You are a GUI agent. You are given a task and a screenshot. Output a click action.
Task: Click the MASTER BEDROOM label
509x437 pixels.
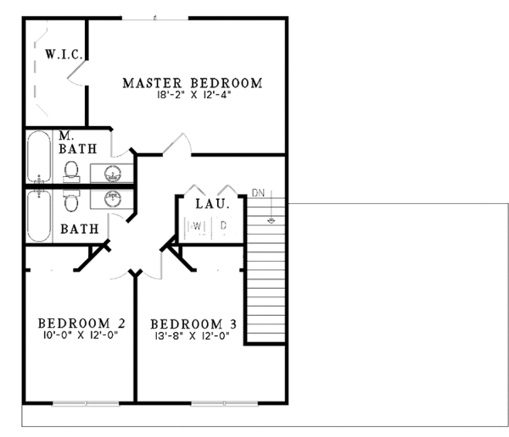pos(192,83)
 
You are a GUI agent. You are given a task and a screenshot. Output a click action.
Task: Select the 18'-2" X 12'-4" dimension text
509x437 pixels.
pos(192,96)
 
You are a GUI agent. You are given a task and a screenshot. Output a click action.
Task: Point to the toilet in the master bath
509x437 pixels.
pos(71,172)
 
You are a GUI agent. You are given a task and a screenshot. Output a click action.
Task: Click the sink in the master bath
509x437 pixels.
pos(113,174)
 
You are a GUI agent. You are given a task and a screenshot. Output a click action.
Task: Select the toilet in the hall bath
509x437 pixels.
pos(71,202)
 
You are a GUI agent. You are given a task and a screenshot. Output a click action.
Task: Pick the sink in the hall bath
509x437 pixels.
pos(113,199)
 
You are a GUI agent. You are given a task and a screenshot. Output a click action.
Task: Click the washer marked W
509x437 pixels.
pos(196,226)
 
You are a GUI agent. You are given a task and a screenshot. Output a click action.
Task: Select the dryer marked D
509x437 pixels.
pos(223,226)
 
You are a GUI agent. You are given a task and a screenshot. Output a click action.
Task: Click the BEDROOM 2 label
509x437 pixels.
pos(81,323)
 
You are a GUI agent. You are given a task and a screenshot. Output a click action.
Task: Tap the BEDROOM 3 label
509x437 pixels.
pos(193,324)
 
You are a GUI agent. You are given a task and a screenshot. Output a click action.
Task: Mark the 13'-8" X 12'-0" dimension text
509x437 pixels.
pos(193,336)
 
